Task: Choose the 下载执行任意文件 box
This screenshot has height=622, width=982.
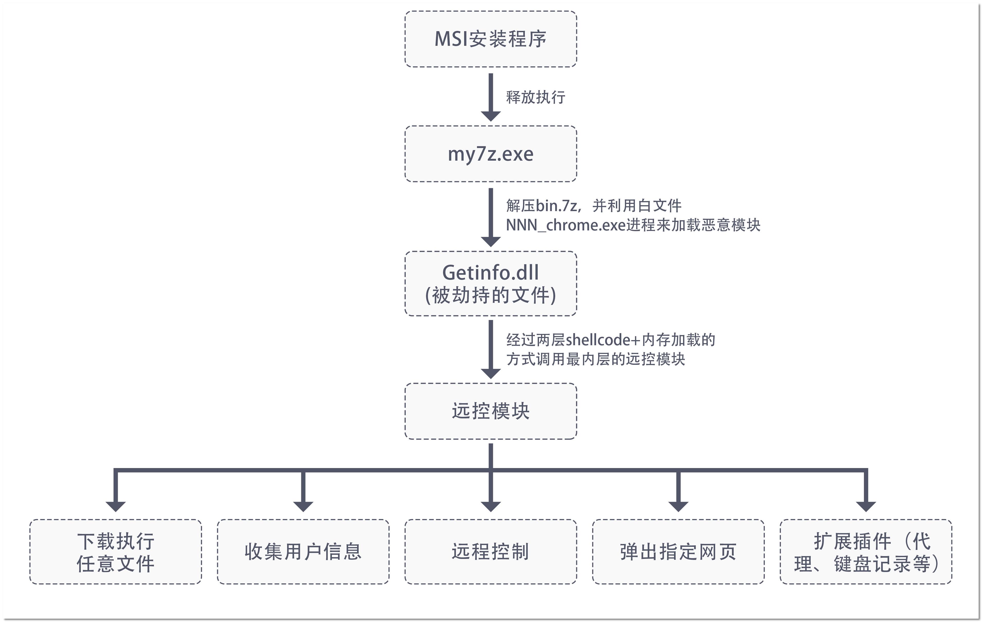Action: coord(116,552)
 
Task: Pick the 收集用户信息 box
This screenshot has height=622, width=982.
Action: coord(303,552)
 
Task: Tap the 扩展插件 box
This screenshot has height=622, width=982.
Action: coord(865,552)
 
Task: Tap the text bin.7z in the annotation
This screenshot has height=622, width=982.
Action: coord(556,206)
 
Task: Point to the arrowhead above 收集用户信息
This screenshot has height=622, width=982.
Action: coord(303,506)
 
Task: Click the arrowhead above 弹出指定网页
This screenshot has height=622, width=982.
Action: coord(678,506)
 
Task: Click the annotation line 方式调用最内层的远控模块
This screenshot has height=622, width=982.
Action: coord(595,359)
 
